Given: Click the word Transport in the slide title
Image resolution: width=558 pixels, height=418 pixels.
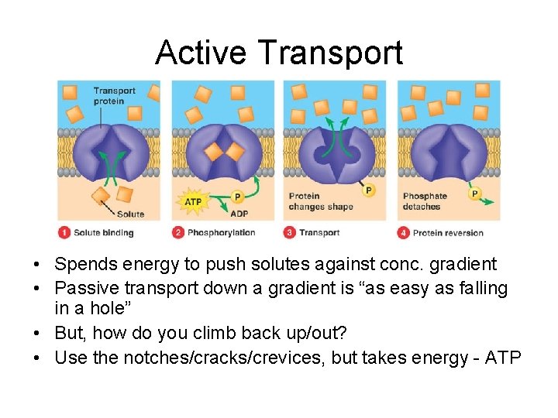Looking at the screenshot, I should point(330,53).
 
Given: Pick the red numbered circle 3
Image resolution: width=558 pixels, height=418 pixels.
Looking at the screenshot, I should point(290,232).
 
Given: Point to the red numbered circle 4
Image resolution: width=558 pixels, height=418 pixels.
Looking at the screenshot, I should point(403,232).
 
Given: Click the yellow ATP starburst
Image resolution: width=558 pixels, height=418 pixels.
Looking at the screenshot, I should point(193,203).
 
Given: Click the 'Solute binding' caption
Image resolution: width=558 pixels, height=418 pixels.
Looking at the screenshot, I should point(104,232).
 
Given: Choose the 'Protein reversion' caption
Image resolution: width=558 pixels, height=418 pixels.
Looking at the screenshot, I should point(448,232).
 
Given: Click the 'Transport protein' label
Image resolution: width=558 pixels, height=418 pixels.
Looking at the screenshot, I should point(114,96).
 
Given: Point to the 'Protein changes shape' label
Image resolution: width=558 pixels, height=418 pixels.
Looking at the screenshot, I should point(320,201).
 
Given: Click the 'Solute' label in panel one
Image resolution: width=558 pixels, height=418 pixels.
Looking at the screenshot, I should point(130,214).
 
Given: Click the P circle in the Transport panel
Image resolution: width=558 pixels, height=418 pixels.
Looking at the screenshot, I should point(368,190).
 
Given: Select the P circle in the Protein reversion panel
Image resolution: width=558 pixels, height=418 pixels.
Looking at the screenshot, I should point(474,194).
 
